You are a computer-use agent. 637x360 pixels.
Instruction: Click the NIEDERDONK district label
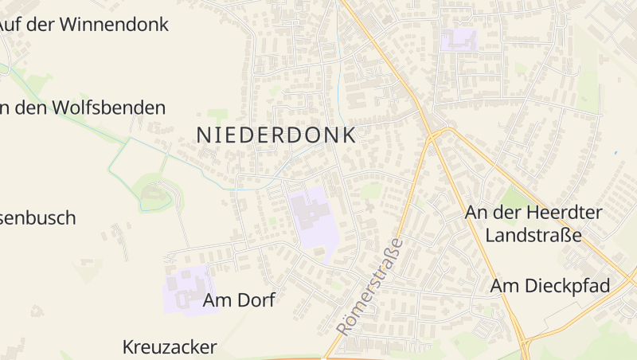tap(276, 135)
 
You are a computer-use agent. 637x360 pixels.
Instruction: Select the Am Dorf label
tap(239, 300)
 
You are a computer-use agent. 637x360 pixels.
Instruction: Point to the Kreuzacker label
tap(170, 347)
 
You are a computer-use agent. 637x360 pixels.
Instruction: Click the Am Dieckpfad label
tap(550, 286)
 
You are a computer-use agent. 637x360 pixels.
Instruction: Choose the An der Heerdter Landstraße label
tap(533, 224)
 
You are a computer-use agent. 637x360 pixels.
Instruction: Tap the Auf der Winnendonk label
tap(84, 24)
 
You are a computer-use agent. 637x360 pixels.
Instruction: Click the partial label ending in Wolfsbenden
tap(83, 108)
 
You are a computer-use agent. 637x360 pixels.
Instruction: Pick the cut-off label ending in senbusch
tap(38, 217)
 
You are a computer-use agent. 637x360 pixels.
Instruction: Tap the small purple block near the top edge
tap(459, 39)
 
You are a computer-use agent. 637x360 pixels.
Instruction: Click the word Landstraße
tap(533, 236)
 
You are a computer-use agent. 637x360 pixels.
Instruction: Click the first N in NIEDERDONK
tap(203, 135)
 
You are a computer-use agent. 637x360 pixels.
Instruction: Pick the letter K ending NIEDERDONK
tap(349, 135)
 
